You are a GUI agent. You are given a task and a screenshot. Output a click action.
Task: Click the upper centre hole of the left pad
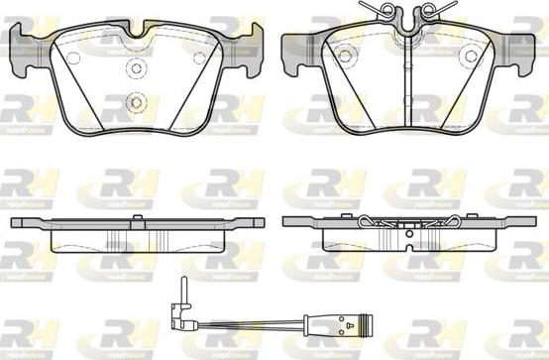(137, 69)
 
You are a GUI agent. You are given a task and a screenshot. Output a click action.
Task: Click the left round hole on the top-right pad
(345, 56)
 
